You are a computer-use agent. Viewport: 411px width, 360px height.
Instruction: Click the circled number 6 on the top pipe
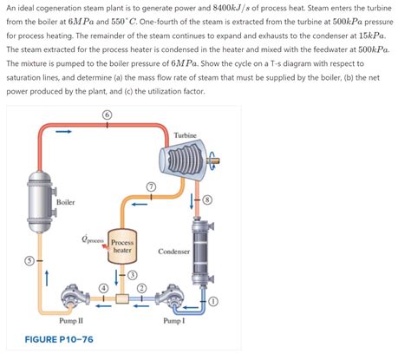pos(107,115)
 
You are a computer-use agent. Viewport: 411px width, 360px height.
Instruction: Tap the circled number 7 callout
pos(151,187)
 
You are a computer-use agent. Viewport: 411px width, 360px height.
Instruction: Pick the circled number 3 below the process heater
pos(132,275)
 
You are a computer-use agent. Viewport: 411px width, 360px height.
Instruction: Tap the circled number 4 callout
pos(103,286)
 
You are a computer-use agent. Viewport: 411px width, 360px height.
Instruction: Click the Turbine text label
pos(185,136)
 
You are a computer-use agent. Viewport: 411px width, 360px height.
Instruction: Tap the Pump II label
pos(70,321)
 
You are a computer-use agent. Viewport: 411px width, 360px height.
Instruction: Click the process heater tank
pos(121,244)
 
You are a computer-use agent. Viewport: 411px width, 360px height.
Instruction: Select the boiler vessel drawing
pos(38,204)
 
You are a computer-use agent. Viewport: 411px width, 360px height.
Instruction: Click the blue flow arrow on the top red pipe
pos(63,132)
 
